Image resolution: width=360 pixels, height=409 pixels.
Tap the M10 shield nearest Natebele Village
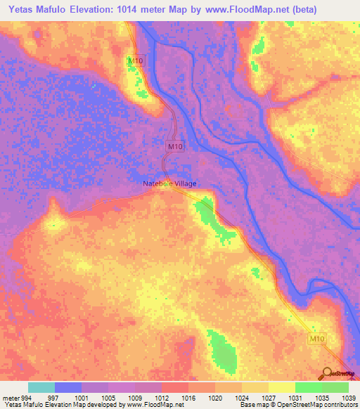[175, 146]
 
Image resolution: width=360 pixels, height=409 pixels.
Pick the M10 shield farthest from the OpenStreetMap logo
[135, 61]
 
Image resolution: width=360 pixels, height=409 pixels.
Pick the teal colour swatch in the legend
[41, 387]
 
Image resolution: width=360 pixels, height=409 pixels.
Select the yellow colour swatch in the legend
[281, 387]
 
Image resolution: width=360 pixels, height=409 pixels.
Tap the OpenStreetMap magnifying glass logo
[326, 374]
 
